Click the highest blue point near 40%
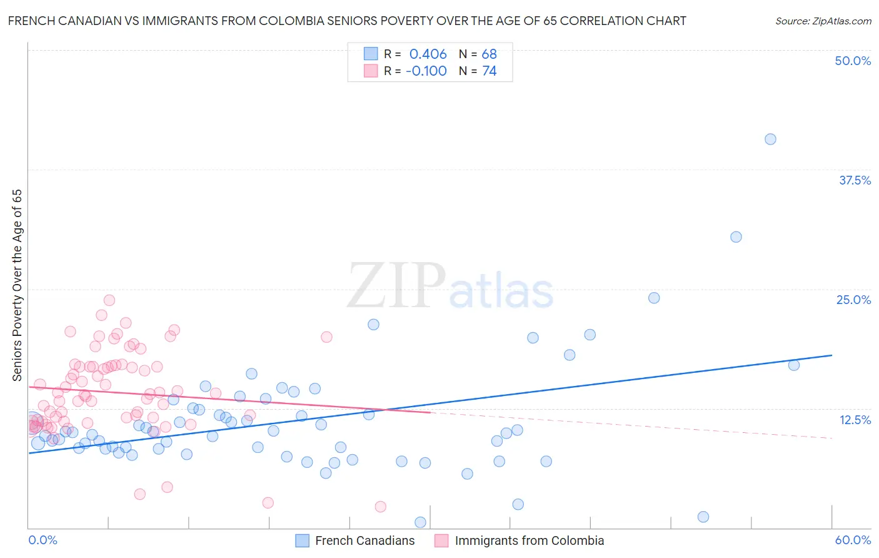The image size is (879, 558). coord(770,139)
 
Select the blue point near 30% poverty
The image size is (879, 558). coord(736,237)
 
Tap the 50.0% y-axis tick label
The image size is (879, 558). coord(853,61)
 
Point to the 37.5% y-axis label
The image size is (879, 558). coord(855,180)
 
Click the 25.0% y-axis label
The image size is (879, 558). coord(853,300)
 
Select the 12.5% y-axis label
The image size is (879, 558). coord(855,420)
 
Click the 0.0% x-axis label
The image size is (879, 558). coord(43,540)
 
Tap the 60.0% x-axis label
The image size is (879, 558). coord(853,540)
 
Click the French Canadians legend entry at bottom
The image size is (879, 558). coord(364,540)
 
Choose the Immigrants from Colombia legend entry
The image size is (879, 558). coord(529,540)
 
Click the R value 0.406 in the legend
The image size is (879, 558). coord(428,54)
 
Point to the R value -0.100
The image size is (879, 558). coord(426,71)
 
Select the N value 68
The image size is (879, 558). coord(489,54)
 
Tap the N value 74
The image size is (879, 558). coord(489,71)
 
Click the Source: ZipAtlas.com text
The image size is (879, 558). coord(823,21)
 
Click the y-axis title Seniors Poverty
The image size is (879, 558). coord(18,285)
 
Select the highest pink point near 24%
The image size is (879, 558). coord(109,300)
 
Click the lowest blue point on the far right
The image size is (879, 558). coord(703,517)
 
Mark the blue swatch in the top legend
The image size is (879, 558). coord(371,54)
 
